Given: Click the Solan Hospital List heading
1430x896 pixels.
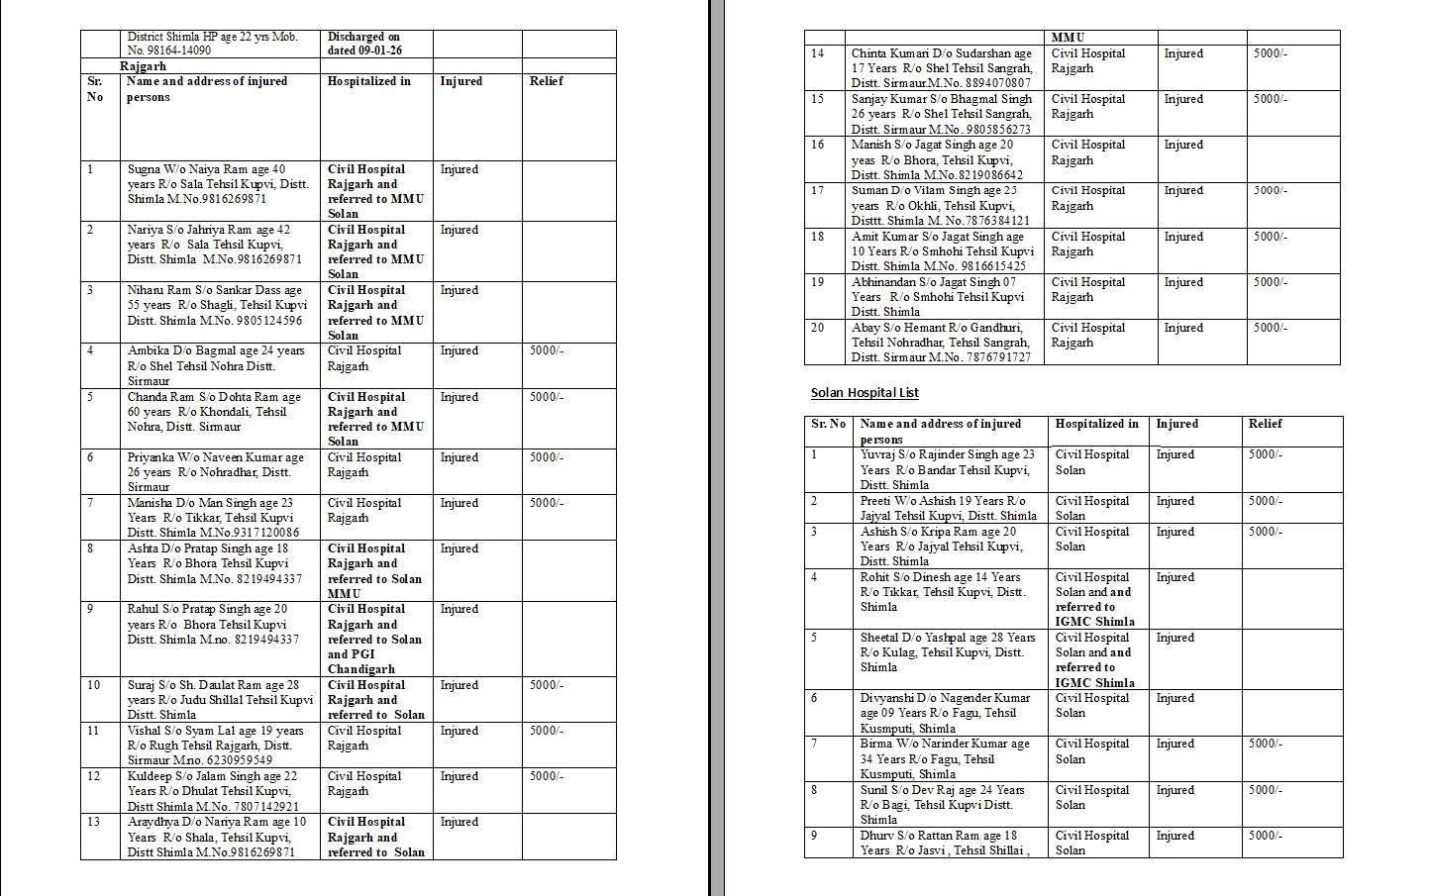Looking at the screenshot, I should [865, 393].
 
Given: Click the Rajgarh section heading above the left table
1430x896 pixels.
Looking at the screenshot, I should [143, 66].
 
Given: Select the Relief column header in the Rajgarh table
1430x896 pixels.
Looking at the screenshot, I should [546, 81].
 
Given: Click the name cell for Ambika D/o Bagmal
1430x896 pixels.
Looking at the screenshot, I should [216, 365].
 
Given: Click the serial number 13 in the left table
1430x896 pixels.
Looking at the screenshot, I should [94, 822].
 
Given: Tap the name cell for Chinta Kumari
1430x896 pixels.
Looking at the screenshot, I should [941, 67].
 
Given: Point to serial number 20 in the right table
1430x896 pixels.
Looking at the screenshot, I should [817, 328].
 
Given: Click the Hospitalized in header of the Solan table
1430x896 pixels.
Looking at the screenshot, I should [1096, 424].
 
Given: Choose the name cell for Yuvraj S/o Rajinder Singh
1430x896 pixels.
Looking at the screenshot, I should [946, 469].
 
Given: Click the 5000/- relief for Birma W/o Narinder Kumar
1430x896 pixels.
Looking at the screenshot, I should [1265, 744].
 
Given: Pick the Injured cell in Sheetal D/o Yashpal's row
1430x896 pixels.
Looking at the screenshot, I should [1175, 638].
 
